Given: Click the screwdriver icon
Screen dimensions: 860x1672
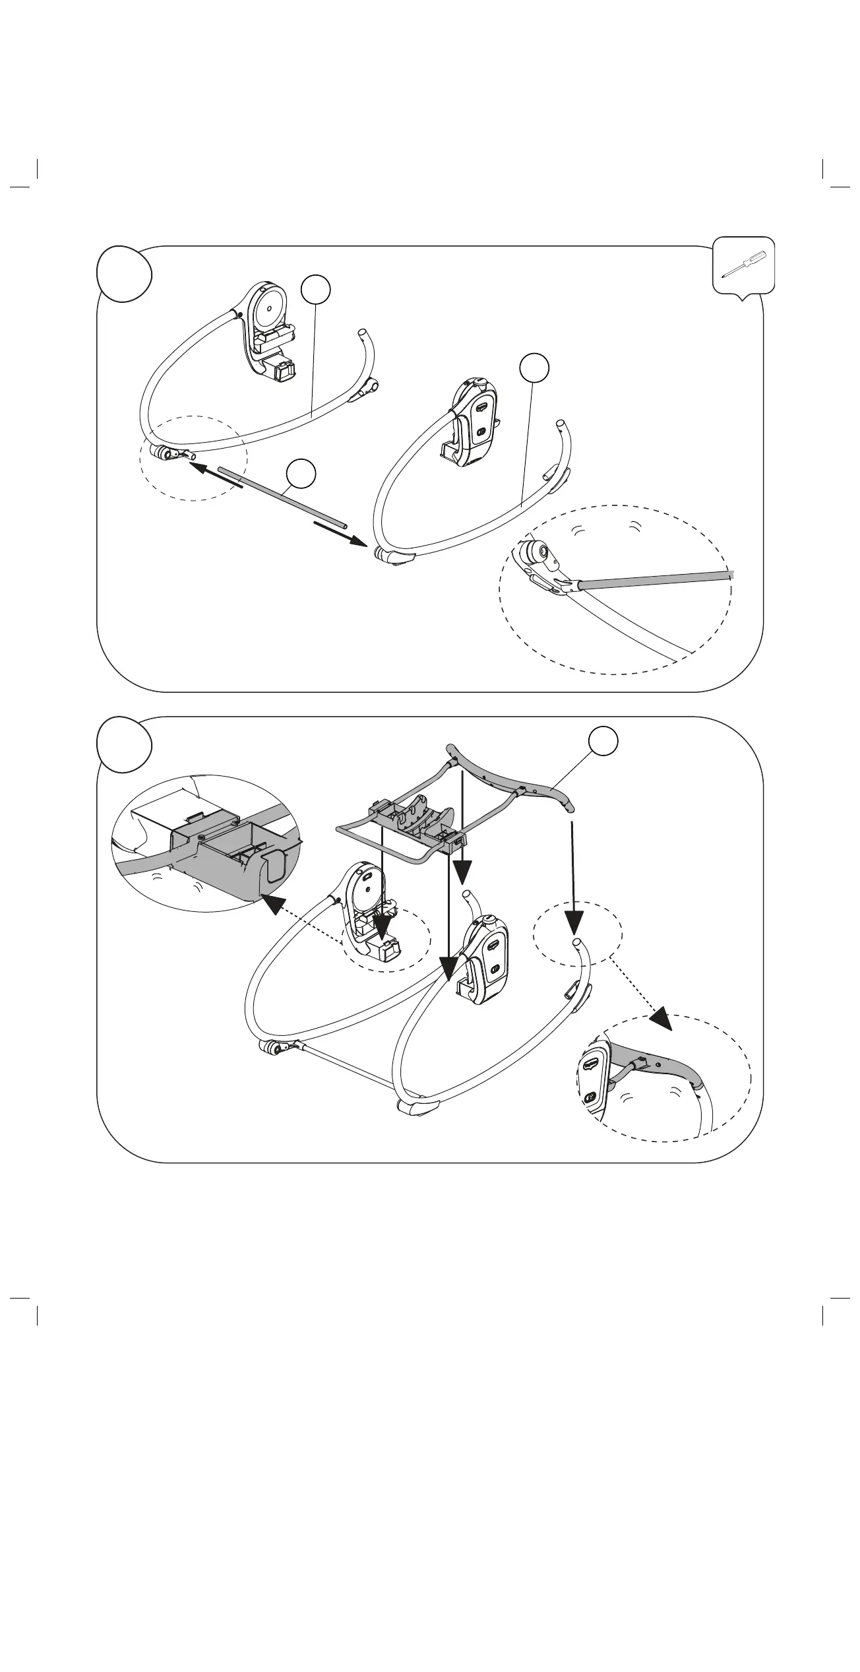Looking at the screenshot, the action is pyautogui.click(x=743, y=264).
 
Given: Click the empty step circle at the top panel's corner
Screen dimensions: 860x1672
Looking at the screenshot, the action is pyautogui.click(x=125, y=274).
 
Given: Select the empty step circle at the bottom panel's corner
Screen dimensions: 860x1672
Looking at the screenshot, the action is pyautogui.click(x=125, y=744).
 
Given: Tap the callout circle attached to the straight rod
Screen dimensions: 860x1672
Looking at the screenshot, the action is pyautogui.click(x=301, y=475).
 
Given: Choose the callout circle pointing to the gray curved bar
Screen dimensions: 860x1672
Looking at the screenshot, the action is pyautogui.click(x=604, y=741).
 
